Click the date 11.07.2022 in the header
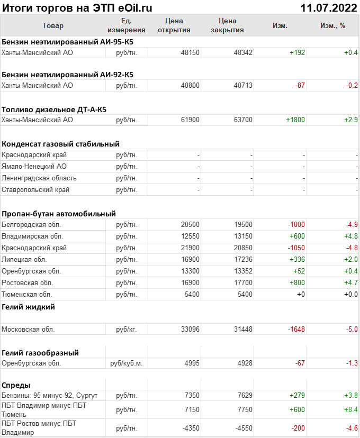pyautogui.click(x=328, y=8)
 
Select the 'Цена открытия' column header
pyautogui.click(x=174, y=25)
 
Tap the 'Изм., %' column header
pyautogui.click(x=332, y=25)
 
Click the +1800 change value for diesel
pyautogui.click(x=295, y=120)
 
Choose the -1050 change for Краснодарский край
pyautogui.click(x=295, y=248)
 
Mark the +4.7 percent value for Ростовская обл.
pyautogui.click(x=350, y=283)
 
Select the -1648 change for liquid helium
pyautogui.click(x=295, y=330)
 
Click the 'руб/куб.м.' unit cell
pyautogui.click(x=127, y=363)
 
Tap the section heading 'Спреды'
pyautogui.click(x=16, y=385)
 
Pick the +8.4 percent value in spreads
pyautogui.click(x=350, y=410)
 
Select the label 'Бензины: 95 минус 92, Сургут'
pyautogui.click(x=50, y=396)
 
